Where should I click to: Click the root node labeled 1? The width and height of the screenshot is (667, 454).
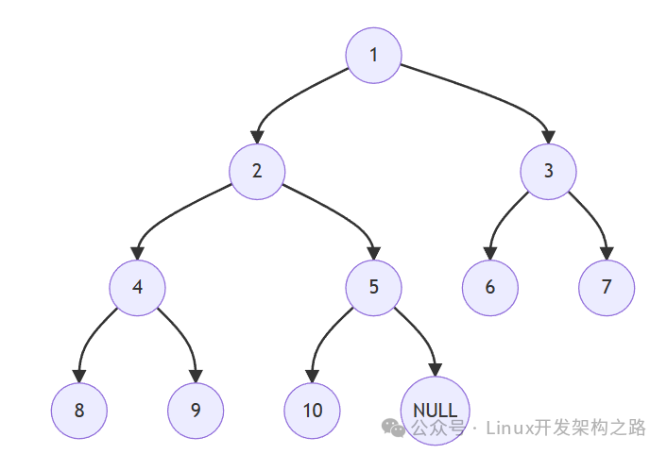(373, 56)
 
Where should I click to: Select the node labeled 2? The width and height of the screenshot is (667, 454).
(257, 172)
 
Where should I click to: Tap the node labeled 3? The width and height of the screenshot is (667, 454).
(548, 172)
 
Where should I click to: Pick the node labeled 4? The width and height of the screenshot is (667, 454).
(137, 288)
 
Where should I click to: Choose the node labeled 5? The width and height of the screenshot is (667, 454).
(373, 288)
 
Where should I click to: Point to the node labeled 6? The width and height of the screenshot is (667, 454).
(490, 288)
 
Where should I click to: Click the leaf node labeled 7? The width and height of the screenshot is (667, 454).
(607, 288)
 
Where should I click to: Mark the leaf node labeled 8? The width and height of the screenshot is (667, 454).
(79, 411)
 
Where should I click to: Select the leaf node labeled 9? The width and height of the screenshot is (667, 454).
(196, 411)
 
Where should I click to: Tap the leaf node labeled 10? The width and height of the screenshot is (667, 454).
(312, 411)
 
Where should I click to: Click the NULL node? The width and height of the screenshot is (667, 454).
(436, 411)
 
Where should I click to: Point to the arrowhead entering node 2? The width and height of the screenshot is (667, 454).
(257, 137)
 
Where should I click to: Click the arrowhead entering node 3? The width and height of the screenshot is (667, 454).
(548, 137)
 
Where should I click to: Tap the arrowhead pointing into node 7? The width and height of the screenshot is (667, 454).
(607, 253)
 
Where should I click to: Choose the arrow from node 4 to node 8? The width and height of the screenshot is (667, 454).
(92, 336)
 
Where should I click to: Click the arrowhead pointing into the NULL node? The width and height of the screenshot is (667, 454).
(436, 370)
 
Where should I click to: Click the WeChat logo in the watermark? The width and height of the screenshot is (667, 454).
(393, 428)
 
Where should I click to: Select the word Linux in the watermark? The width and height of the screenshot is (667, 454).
(509, 428)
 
